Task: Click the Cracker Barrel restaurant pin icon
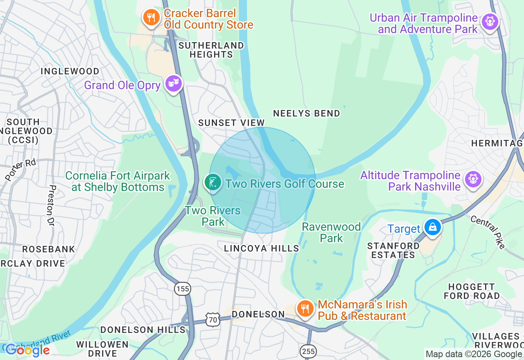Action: pos(151,18)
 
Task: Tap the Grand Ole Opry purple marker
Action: pos(173,84)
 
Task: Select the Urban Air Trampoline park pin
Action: pos(490,21)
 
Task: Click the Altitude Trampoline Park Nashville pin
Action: pos(473,180)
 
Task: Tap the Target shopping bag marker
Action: pos(433,227)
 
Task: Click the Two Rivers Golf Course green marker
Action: pos(213,182)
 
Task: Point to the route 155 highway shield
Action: pos(183,289)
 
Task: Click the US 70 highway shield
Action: pos(213,320)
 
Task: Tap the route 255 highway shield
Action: pos(308,351)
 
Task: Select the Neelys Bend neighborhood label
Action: pos(307,113)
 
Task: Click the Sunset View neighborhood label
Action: pos(231,123)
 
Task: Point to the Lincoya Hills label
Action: pos(262,248)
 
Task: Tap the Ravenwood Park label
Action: pos(331,232)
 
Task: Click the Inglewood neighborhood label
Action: pos(70,71)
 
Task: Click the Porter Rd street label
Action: pos(20,170)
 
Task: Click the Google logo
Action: pos(27,350)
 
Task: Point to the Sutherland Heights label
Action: pos(211,49)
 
